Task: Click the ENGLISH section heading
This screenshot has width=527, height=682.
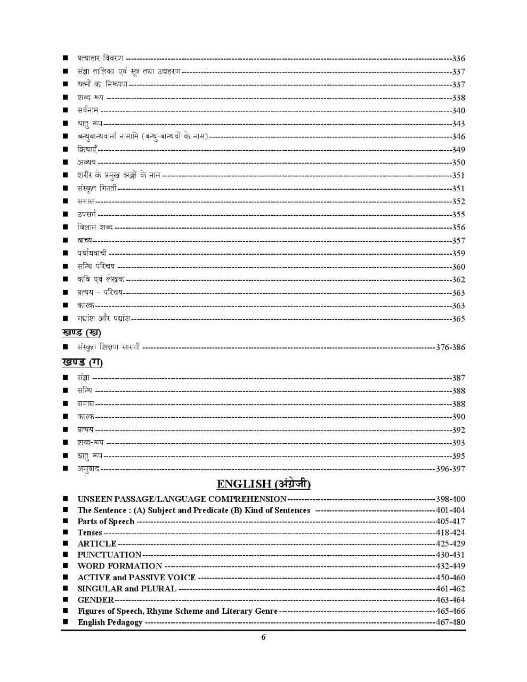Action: pyautogui.click(x=263, y=484)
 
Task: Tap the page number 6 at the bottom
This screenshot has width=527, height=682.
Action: pyautogui.click(x=263, y=637)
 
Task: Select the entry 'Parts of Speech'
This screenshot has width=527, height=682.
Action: pyautogui.click(x=106, y=522)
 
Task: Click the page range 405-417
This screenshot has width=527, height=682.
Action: pyautogui.click(x=450, y=522)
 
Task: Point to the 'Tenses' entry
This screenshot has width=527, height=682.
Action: pyautogui.click(x=90, y=533)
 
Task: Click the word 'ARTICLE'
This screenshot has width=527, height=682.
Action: pyautogui.click(x=97, y=544)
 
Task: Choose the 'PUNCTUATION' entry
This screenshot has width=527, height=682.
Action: pyautogui.click(x=109, y=555)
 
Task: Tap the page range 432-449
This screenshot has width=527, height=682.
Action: pyautogui.click(x=450, y=566)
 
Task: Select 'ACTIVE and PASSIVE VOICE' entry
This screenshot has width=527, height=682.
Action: pyautogui.click(x=136, y=578)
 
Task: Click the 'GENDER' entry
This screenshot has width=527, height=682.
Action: pyautogui.click(x=96, y=600)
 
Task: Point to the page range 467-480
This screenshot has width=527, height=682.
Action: pyautogui.click(x=450, y=622)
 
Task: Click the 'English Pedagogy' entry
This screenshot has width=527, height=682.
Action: pyautogui.click(x=110, y=622)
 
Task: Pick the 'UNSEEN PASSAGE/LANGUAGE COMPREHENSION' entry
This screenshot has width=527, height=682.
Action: pyautogui.click(x=182, y=499)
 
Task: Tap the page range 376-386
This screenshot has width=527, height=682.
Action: pyautogui.click(x=450, y=347)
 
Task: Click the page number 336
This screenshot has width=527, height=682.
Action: pyautogui.click(x=458, y=59)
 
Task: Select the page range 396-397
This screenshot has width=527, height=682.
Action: pyautogui.click(x=450, y=469)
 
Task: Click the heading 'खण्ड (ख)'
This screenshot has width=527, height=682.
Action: pyautogui.click(x=81, y=332)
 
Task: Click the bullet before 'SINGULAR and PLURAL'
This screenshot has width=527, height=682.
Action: pyautogui.click(x=65, y=589)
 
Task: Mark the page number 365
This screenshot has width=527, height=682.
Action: pyautogui.click(x=458, y=319)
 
